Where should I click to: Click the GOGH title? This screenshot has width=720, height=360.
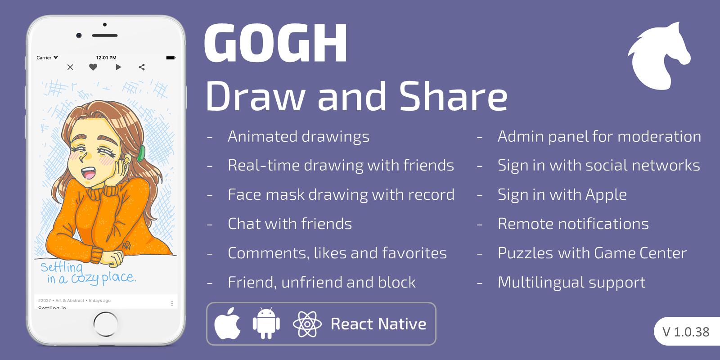[x=276, y=44]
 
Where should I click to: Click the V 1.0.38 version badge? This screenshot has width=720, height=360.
[x=686, y=332]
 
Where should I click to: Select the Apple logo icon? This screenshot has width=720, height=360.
[x=227, y=324]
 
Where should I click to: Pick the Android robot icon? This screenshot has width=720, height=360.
[x=266, y=324]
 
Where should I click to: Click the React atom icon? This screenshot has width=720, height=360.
[x=307, y=324]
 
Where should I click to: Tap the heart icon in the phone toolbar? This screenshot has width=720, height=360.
[x=93, y=67]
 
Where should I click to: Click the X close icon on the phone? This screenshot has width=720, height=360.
[x=70, y=67]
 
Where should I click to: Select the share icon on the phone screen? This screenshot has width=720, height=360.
[x=142, y=67]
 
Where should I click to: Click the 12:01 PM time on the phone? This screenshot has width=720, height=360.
[x=106, y=58]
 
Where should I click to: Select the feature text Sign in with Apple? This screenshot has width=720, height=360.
[x=562, y=194]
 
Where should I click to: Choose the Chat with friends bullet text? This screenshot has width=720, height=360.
[x=290, y=224]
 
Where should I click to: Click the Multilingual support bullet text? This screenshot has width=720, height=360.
[x=571, y=282]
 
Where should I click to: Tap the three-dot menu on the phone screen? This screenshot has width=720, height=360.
[x=172, y=304]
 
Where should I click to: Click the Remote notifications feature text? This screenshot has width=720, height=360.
[x=573, y=224]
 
